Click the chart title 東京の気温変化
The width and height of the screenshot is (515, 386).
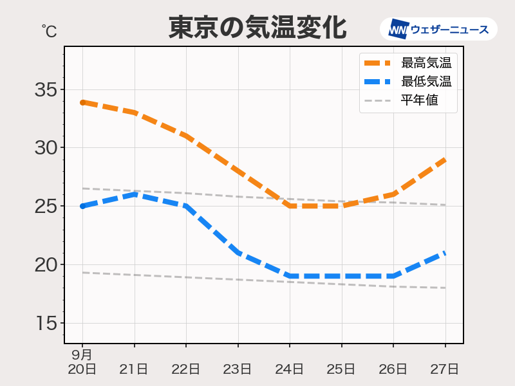click(x=257, y=28)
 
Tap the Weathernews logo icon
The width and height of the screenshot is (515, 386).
click(x=399, y=29)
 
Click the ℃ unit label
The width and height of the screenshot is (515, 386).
click(x=49, y=30)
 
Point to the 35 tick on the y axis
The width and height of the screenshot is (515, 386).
click(x=46, y=89)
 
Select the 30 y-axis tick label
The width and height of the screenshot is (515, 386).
click(x=46, y=148)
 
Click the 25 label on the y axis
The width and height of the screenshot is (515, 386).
click(x=46, y=207)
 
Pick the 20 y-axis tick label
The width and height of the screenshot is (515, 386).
click(x=46, y=265)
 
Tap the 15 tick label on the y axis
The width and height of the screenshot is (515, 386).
click(x=46, y=324)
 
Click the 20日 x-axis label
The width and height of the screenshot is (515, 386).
click(x=82, y=369)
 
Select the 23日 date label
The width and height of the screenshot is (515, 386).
click(x=238, y=369)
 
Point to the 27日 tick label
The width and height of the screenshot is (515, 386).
click(x=445, y=369)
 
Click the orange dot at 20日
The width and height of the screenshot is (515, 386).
click(x=83, y=102)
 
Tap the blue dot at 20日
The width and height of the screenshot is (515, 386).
click(x=83, y=206)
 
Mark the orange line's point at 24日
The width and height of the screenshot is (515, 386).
click(x=290, y=206)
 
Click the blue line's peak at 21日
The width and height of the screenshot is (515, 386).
click(x=135, y=194)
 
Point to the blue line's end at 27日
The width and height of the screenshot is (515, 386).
click(x=445, y=253)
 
